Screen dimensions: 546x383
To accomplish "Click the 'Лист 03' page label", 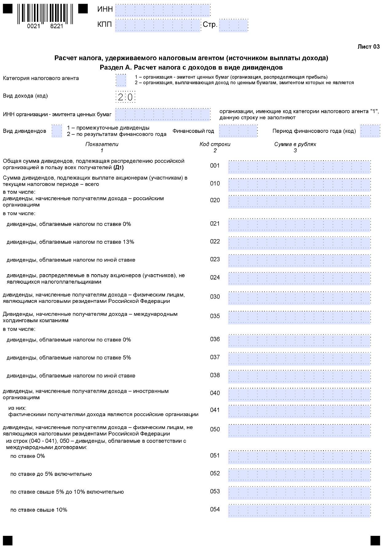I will click(x=369, y=47).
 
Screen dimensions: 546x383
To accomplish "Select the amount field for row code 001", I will click(x=299, y=167).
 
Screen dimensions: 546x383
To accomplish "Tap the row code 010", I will click(x=215, y=184).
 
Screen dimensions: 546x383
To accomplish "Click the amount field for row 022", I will click(x=299, y=243).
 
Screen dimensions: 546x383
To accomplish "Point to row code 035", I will click(x=215, y=316).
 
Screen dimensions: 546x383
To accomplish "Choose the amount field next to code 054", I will click(x=299, y=511).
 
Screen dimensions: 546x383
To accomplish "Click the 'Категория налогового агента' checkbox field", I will click(x=121, y=81).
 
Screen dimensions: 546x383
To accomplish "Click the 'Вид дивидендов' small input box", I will click(x=57, y=131).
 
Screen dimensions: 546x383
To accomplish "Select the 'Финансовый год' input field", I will click(x=238, y=131).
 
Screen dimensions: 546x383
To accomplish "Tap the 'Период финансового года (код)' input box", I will click(x=370, y=131).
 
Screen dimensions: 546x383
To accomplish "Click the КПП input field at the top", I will click(x=157, y=25).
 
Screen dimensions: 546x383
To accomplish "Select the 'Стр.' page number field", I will click(x=234, y=25).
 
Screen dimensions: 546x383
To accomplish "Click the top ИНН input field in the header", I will click(x=163, y=10).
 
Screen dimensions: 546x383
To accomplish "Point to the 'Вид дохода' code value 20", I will click(x=125, y=97).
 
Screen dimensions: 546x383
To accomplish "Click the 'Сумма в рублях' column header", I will click(x=295, y=144).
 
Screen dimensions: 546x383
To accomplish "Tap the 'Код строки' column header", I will click(x=215, y=144).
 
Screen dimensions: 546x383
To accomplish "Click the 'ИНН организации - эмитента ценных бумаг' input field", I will click(x=163, y=114).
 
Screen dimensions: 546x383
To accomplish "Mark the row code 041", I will click(x=215, y=410).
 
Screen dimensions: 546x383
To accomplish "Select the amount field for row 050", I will click(x=299, y=431).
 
